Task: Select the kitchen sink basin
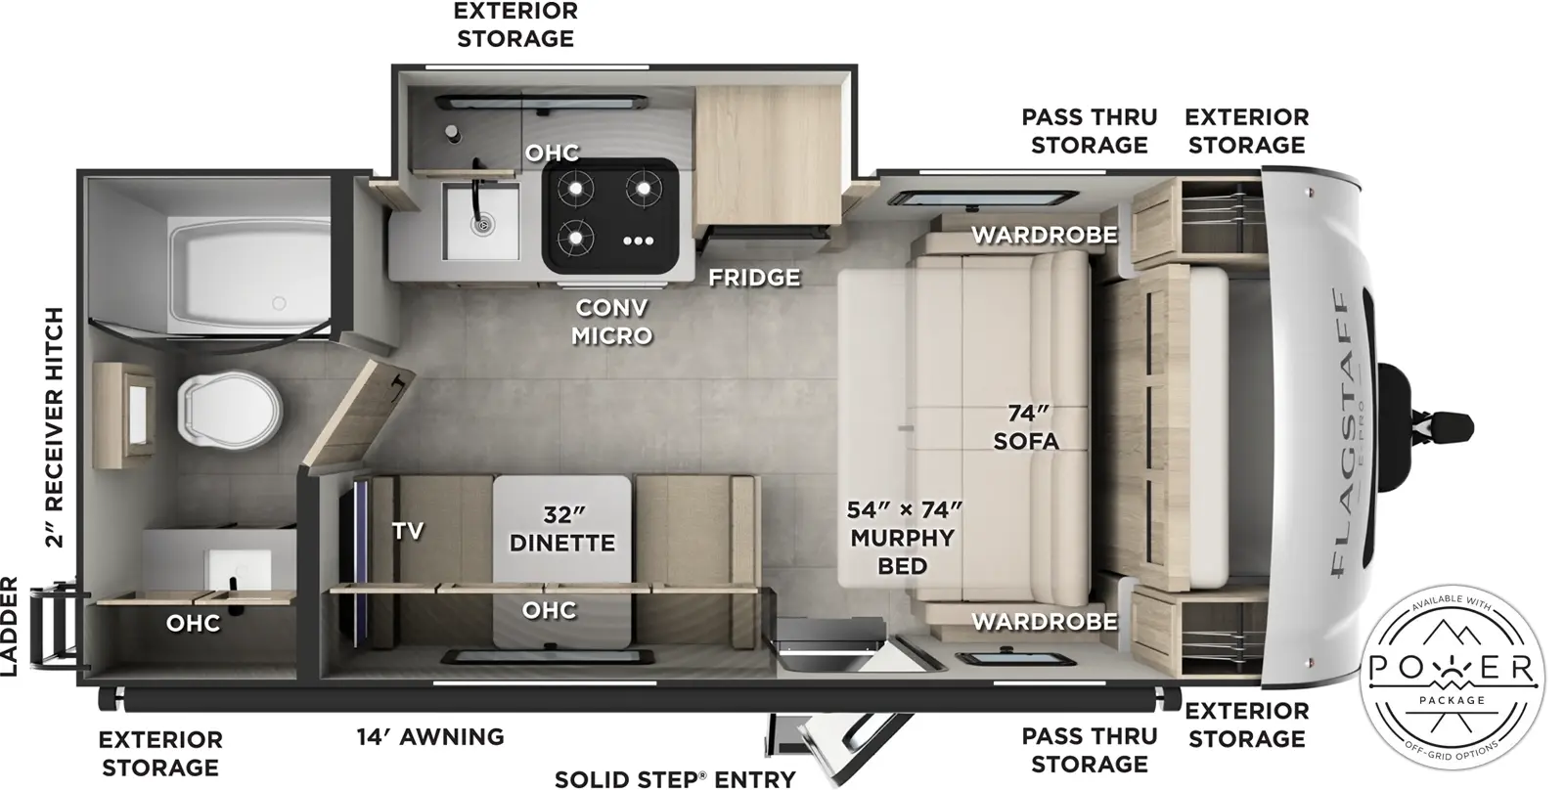pos(480,221)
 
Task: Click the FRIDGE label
pos(754,278)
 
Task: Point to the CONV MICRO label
pos(611,322)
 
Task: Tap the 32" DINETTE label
pos(562,529)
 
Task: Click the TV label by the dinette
pos(408,531)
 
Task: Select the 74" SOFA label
pos(1025,427)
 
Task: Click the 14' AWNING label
pos(430,736)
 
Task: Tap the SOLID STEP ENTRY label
pos(675,778)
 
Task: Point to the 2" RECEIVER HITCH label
pos(54,427)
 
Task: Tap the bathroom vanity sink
pos(237,572)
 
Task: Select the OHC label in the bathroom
pos(193,623)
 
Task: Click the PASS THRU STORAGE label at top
pos(1089,131)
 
